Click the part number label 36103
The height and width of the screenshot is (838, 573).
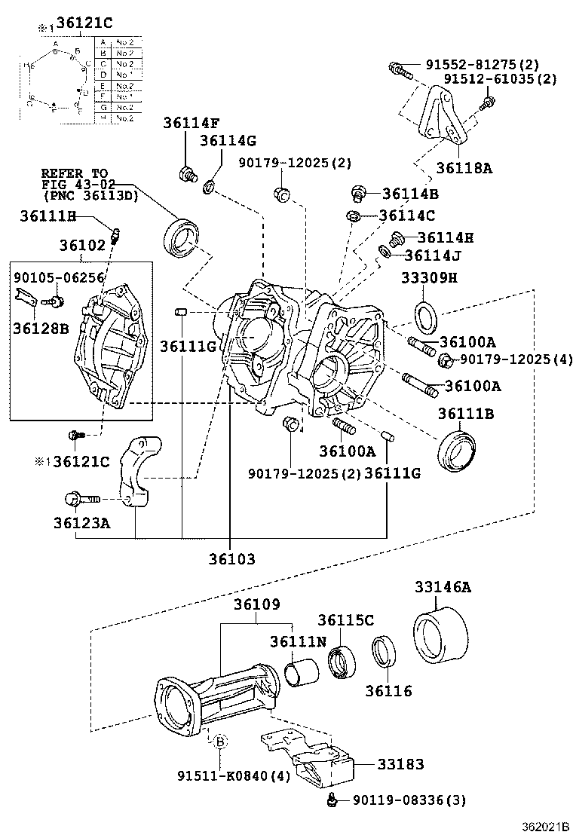233,559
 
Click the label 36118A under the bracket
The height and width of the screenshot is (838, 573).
464,168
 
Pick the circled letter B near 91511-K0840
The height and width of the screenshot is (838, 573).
220,741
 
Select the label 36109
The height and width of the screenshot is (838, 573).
256,604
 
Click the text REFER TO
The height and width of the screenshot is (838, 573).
75,173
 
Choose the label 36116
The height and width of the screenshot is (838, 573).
389,690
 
